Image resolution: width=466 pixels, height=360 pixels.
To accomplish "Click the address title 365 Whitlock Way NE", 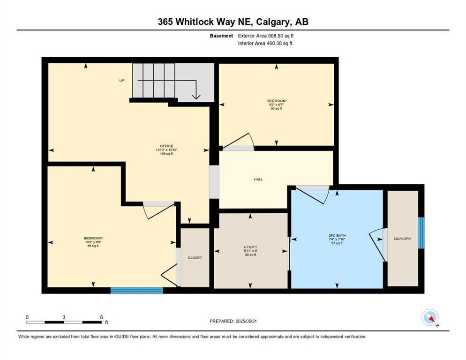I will point(233,22).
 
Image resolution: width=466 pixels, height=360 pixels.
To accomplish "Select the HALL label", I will point(258,179).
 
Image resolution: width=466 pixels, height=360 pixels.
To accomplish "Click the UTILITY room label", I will point(250,247).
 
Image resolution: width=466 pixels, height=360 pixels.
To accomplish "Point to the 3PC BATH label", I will point(337,235).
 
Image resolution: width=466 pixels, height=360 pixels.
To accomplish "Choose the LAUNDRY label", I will point(402,239).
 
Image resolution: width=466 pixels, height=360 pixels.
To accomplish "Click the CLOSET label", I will point(195,257).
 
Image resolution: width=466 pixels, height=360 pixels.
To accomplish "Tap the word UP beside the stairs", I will point(121,81).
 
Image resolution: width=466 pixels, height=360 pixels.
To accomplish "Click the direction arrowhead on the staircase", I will point(196,97).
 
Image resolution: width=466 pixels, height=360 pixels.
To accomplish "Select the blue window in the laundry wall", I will point(421,232).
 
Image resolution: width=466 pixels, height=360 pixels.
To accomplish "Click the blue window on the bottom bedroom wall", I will point(136,291).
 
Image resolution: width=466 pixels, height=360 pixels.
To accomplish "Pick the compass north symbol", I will point(430,318).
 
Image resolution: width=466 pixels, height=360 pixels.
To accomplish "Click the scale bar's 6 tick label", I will point(101,317).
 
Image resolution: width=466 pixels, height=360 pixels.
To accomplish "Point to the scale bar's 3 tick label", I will point(64,317).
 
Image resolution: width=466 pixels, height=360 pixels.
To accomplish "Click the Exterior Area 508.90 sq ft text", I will point(266,36).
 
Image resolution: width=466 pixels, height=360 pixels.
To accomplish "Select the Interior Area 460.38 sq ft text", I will point(266,44).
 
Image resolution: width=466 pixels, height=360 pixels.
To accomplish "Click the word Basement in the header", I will point(221,36).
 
